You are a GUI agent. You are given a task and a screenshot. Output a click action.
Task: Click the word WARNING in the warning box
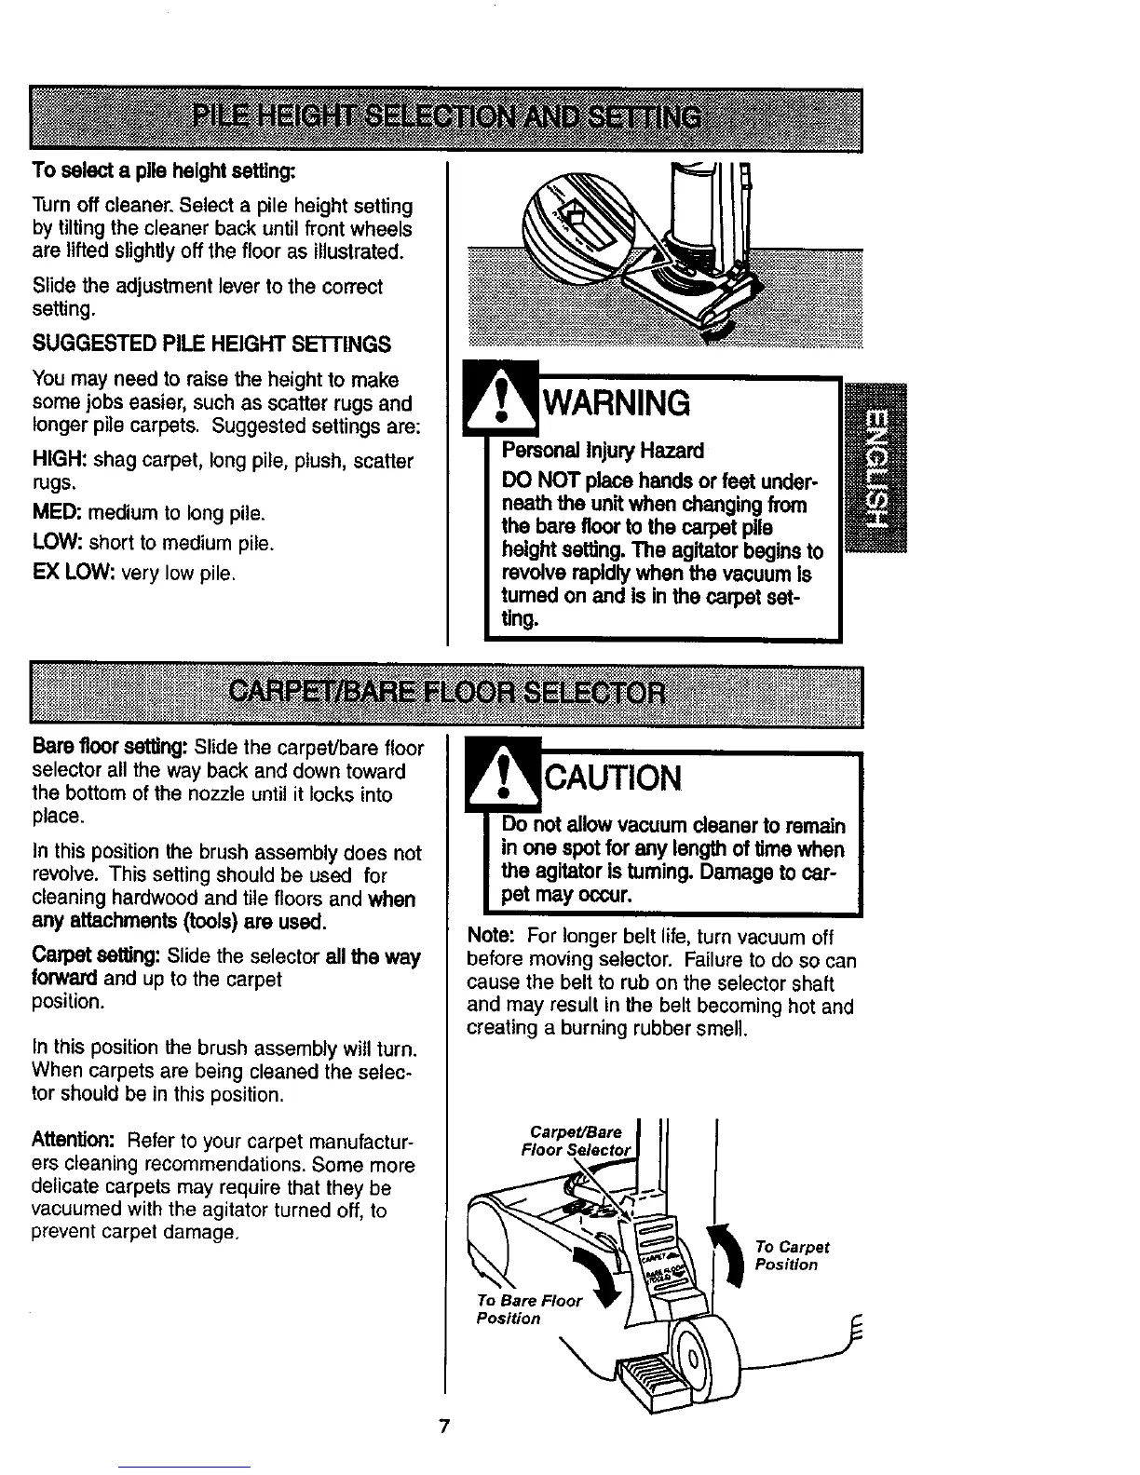point(617,403)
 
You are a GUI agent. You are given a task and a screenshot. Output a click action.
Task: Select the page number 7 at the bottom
point(445,1427)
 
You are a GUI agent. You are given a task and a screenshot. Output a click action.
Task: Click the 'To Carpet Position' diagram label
point(792,1255)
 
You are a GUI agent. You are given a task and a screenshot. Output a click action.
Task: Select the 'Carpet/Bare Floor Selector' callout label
point(576,1141)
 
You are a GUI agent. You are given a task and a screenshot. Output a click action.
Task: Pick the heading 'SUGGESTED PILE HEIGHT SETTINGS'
point(211,345)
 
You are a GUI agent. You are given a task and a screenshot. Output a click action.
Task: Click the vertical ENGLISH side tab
point(875,467)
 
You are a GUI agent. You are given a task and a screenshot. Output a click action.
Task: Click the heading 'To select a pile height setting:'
point(164,171)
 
